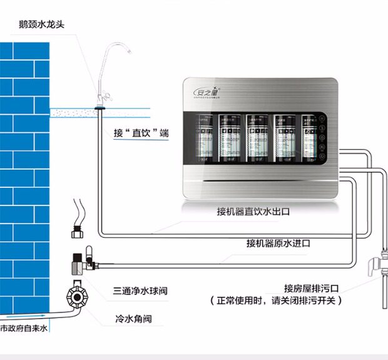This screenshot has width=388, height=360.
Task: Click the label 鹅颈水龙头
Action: (43, 24)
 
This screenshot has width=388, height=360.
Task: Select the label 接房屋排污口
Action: (311, 288)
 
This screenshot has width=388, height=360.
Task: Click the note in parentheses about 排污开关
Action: (277, 301)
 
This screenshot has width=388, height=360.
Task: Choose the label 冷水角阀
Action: (133, 319)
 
